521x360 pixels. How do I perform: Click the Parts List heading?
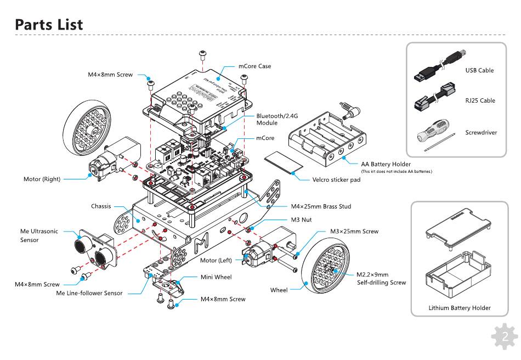click(49, 25)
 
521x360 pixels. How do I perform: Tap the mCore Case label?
click(254, 66)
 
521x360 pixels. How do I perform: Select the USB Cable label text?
click(479, 70)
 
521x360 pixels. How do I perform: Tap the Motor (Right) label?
click(42, 179)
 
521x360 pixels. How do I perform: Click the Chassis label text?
click(101, 207)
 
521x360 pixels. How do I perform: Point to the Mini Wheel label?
click(216, 277)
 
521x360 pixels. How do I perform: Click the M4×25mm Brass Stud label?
click(321, 206)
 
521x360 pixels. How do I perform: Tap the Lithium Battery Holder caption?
click(460, 308)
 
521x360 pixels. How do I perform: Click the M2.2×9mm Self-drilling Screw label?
click(381, 278)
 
